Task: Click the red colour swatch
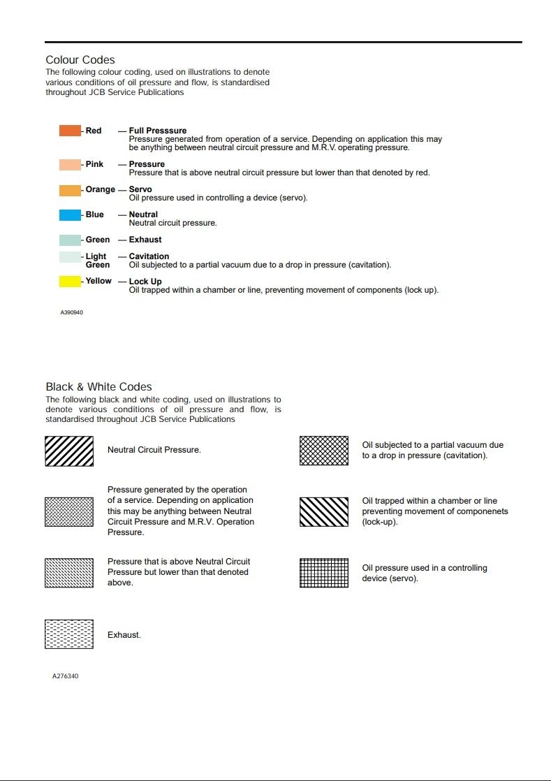pyautogui.click(x=70, y=131)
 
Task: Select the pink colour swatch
pyautogui.click(x=70, y=165)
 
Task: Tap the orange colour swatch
pyautogui.click(x=70, y=190)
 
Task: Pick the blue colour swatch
pyautogui.click(x=70, y=215)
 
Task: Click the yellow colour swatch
pyautogui.click(x=70, y=282)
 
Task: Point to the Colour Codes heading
pyautogui.click(x=80, y=60)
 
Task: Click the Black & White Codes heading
pyautogui.click(x=98, y=387)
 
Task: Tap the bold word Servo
pyautogui.click(x=140, y=189)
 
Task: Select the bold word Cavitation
pyautogui.click(x=149, y=256)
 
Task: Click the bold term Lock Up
pyautogui.click(x=145, y=282)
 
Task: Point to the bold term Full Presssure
pyautogui.click(x=158, y=131)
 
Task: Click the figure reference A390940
pyautogui.click(x=71, y=312)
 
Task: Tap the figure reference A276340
pyautogui.click(x=65, y=676)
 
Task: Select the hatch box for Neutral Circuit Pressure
pyautogui.click(x=69, y=451)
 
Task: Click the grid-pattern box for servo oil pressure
pyautogui.click(x=324, y=573)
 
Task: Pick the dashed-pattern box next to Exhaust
pyautogui.click(x=69, y=634)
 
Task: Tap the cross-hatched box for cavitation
pyautogui.click(x=324, y=451)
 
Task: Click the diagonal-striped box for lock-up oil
pyautogui.click(x=324, y=512)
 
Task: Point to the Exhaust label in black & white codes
pyautogui.click(x=124, y=635)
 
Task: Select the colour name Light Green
pyautogui.click(x=97, y=261)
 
